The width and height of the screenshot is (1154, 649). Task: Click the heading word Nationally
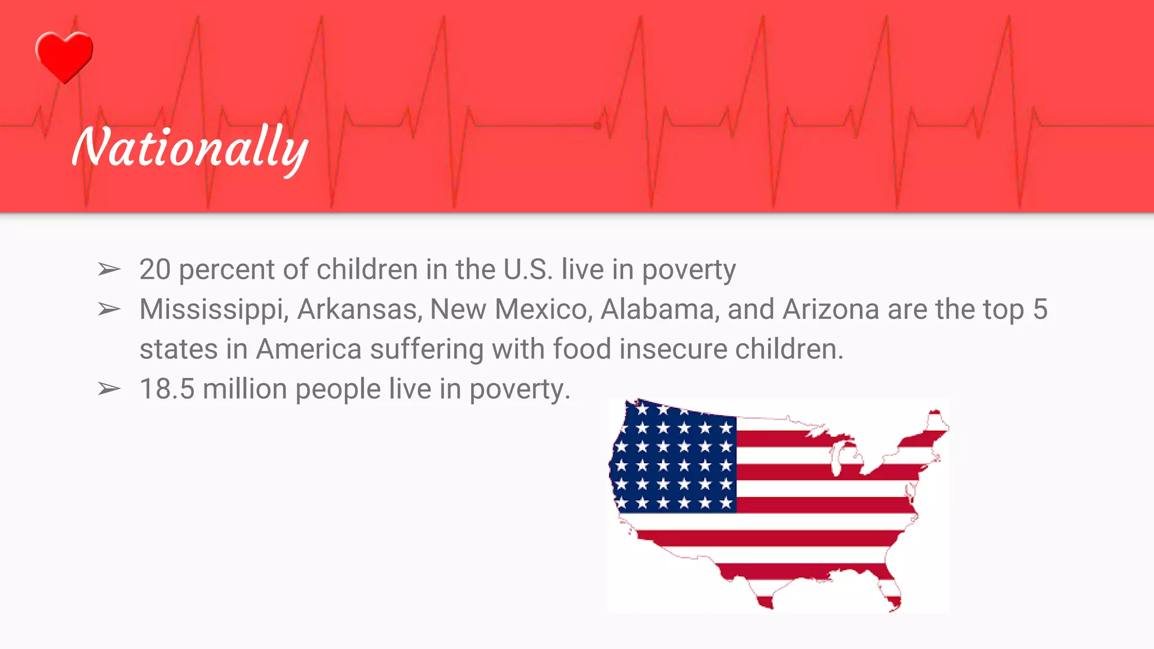[190, 148]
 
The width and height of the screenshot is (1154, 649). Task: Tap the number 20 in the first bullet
[155, 269]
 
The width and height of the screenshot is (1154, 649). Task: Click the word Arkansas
[359, 309]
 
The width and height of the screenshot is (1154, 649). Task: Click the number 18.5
[167, 389]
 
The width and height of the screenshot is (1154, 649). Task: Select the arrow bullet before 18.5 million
[109, 389]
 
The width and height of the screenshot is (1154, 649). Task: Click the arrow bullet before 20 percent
[109, 270]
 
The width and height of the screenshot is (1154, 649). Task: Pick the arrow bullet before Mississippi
[109, 309]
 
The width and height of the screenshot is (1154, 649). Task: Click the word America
[309, 349]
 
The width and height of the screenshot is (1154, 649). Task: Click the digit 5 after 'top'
[1040, 309]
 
